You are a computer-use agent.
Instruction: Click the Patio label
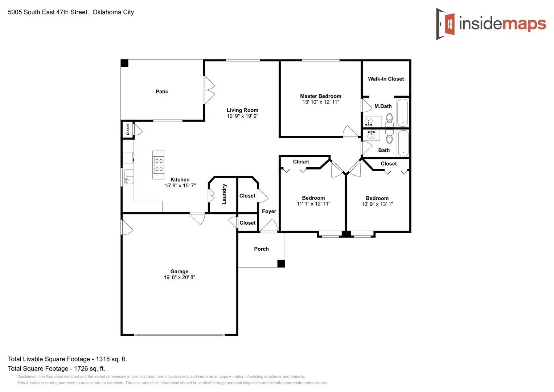tap(162, 91)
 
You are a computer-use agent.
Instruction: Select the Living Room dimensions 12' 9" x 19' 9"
tap(242, 116)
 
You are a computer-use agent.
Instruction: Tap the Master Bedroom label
tap(320, 96)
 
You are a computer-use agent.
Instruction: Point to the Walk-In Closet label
tap(386, 79)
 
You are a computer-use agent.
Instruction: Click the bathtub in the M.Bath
tap(402, 113)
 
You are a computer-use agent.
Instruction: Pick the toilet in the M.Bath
tap(389, 118)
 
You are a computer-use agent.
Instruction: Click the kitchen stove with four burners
tap(159, 165)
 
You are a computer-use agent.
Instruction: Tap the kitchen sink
tap(129, 177)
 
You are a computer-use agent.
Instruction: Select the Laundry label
tap(224, 194)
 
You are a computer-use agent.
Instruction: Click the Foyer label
tap(269, 211)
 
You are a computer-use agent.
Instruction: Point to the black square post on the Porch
tap(281, 264)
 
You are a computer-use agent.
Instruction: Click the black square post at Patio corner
tap(124, 63)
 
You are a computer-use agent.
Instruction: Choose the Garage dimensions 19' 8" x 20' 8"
tap(179, 277)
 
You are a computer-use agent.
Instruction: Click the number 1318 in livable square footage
tap(103, 359)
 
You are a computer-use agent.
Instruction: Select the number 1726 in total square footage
tap(81, 369)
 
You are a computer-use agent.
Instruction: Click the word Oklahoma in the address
tap(107, 12)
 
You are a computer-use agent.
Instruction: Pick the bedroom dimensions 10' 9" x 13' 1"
tap(377, 204)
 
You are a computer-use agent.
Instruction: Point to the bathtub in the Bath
tap(403, 143)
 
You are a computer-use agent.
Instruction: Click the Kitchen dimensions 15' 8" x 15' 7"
tap(180, 185)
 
